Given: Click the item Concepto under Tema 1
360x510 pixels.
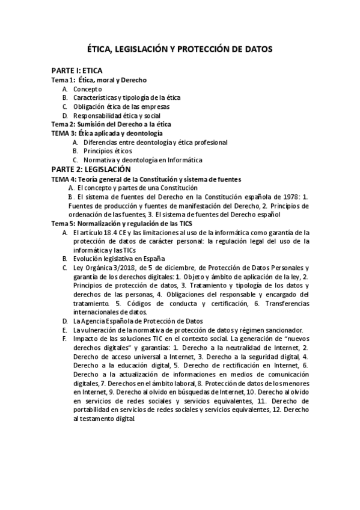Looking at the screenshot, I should pos(88,88).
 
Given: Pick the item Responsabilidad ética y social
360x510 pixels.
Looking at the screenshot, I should pos(117,115).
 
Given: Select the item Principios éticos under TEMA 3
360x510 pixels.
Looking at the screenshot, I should pos(108,151).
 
